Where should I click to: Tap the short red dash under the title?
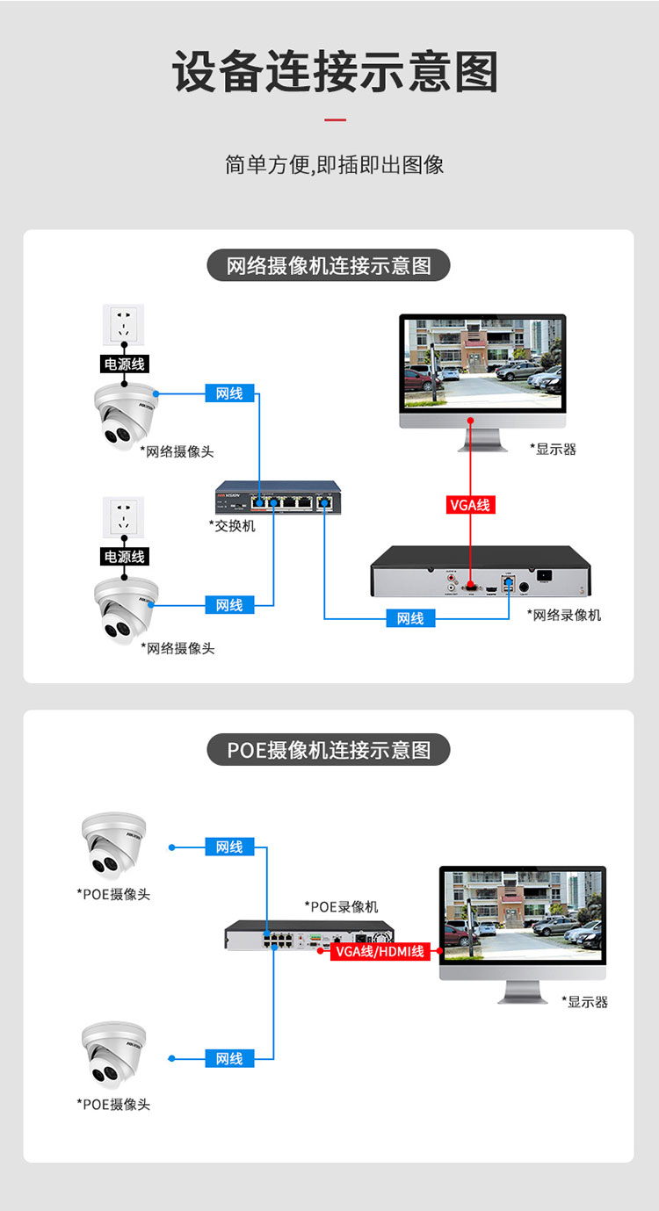[335, 119]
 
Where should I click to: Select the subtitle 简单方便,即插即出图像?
[335, 164]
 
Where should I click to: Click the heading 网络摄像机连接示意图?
[329, 265]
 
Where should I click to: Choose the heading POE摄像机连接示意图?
[329, 750]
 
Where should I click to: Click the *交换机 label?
[232, 525]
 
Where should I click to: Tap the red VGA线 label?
[471, 505]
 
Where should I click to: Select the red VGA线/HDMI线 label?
[380, 951]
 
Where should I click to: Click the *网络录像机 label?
[564, 615]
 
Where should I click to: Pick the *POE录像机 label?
[341, 906]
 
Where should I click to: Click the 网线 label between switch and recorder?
[410, 618]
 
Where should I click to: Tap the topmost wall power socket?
[123, 325]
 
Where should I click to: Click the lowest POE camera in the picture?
[113, 1055]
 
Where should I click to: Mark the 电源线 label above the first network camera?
[124, 364]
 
